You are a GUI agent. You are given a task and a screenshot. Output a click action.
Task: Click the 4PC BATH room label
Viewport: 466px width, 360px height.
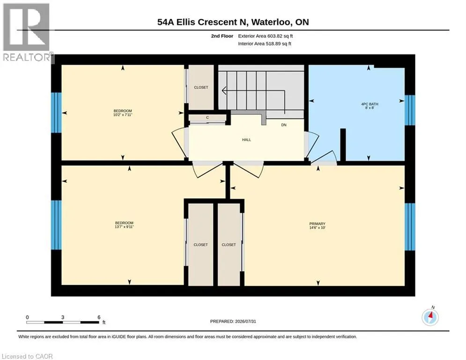pos(370,104)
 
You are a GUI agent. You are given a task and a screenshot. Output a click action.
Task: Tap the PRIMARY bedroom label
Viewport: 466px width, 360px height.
pos(318,224)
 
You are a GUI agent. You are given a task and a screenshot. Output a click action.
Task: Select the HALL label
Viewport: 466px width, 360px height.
pos(246,140)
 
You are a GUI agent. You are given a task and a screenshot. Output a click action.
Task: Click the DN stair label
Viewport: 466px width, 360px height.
pos(284,125)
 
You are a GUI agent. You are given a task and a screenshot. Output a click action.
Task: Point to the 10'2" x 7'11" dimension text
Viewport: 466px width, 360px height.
pos(122,114)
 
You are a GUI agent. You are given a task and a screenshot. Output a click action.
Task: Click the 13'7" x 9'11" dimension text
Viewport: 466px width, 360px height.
pos(124,227)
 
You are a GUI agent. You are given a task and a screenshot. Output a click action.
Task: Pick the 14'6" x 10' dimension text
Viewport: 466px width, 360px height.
pos(318,228)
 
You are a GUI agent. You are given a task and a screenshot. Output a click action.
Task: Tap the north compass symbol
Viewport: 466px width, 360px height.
pos(430,317)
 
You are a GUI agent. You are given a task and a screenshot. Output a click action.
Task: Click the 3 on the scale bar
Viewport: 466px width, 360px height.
pos(63,317)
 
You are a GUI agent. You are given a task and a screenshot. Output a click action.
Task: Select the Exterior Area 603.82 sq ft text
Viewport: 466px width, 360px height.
pos(266,36)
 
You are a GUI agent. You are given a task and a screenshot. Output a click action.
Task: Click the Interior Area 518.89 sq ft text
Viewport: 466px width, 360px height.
pos(265,44)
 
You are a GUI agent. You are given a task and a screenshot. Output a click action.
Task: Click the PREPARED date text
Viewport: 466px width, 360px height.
pos(233,321)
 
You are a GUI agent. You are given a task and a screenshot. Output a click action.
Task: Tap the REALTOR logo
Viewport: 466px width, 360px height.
pos(27,32)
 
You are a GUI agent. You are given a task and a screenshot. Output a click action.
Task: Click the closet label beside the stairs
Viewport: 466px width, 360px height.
pos(201,88)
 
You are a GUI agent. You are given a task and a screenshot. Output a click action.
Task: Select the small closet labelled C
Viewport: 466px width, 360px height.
pos(207,118)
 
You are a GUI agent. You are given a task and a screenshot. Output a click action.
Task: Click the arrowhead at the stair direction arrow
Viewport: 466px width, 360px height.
pos(224,90)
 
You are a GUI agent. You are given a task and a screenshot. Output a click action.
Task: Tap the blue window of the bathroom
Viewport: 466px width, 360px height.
pos(410,110)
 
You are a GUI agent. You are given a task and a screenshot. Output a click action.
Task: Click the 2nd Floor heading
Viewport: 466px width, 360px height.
pos(222,36)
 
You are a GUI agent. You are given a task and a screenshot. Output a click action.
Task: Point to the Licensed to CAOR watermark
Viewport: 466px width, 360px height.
pos(27,356)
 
